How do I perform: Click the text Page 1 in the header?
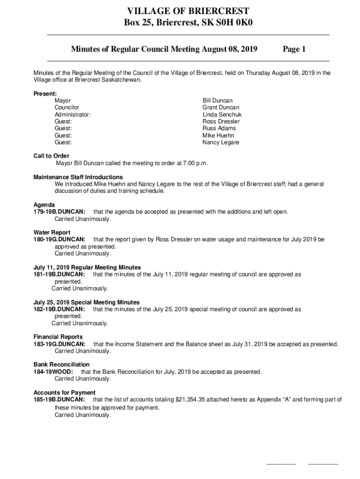coord(294,49)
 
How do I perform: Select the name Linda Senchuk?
coord(222,115)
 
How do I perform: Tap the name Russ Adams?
coord(219,128)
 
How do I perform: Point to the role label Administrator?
coord(72,115)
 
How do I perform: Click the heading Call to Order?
coord(51,156)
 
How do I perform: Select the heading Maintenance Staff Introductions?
coord(78,177)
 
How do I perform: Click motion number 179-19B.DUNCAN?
coord(59,212)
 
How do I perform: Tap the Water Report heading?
coord(52,232)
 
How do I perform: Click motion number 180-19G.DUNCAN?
coord(59,239)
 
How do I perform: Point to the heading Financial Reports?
coord(58,337)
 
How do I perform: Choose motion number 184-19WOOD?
coord(53,372)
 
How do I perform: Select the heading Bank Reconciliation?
coord(61,364)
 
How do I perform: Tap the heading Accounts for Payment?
coord(65,392)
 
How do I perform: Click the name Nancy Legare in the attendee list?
coord(221,142)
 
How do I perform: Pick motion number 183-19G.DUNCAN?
coord(59,344)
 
